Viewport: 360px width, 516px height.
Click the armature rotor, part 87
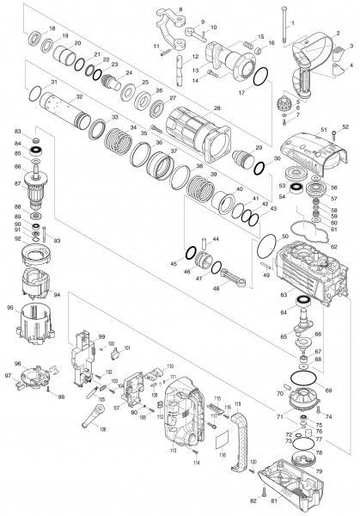[36, 191]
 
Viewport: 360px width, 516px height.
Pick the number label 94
[58, 294]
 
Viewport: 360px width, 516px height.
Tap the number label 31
[53, 82]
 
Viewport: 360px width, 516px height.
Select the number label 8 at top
[179, 8]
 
